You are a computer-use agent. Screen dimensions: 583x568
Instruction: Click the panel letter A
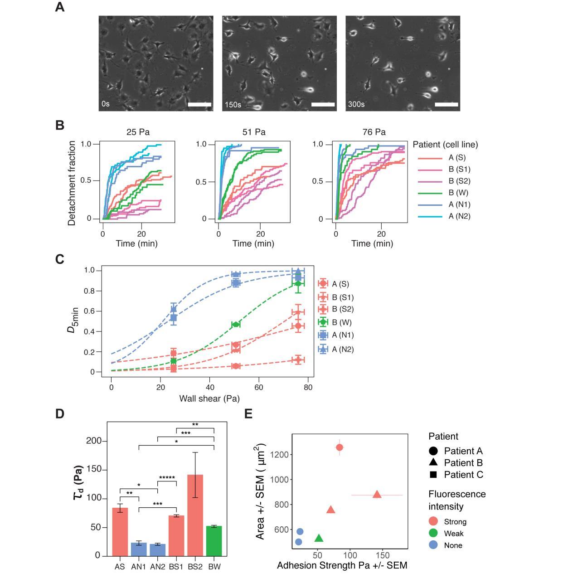pyautogui.click(x=59, y=7)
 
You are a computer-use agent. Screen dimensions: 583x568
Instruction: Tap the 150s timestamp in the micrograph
pyautogui.click(x=233, y=104)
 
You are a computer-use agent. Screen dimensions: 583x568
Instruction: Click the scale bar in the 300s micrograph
pyautogui.click(x=446, y=105)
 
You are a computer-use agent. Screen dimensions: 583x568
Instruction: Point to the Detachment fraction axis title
pyautogui.click(x=72, y=183)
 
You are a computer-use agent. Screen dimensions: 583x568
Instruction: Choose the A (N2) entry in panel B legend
pyautogui.click(x=459, y=216)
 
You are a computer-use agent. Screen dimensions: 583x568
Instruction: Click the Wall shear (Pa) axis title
pyautogui.click(x=209, y=398)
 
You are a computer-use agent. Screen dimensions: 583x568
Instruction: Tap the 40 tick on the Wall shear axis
pyautogui.click(x=209, y=388)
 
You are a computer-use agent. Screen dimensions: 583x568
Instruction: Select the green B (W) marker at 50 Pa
pyautogui.click(x=236, y=324)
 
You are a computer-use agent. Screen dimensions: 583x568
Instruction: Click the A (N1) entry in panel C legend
pyautogui.click(x=342, y=335)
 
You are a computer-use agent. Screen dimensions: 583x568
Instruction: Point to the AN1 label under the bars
pyautogui.click(x=139, y=566)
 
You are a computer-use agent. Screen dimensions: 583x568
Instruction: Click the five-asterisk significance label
pyautogui.click(x=167, y=478)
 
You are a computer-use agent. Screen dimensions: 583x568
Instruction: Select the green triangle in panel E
pyautogui.click(x=319, y=538)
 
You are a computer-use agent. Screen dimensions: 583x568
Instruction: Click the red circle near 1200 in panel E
pyautogui.click(x=340, y=447)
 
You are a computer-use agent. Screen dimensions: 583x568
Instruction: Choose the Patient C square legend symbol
pyautogui.click(x=433, y=475)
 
